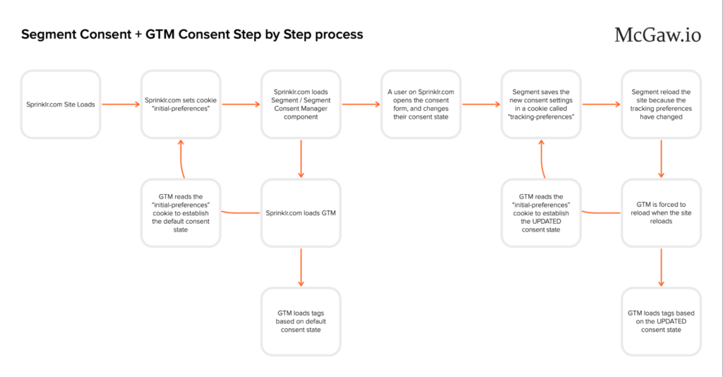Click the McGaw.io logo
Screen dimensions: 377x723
pos(657,35)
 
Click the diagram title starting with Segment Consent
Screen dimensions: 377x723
pos(192,35)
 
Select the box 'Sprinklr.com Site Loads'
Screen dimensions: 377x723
pos(61,104)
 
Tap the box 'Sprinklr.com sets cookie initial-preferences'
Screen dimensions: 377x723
pos(181,104)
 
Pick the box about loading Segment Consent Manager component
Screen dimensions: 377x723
pos(301,104)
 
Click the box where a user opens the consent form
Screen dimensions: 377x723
pos(422,104)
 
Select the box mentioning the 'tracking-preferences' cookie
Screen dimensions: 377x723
pos(542,104)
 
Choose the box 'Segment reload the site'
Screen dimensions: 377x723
pos(662,104)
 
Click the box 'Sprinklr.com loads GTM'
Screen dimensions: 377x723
pos(301,213)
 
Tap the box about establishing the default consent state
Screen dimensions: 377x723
pos(181,213)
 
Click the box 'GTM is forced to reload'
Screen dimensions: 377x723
pos(662,213)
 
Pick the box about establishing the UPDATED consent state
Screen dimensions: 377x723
pos(542,213)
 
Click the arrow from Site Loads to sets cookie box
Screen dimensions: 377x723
pos(121,104)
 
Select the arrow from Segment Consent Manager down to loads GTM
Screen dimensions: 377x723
pos(301,159)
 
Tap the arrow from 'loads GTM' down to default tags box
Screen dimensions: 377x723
pos(301,267)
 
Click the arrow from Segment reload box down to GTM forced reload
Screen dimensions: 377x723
pos(662,159)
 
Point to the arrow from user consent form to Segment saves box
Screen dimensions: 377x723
pos(482,104)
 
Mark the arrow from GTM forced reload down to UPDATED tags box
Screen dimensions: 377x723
pos(662,267)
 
